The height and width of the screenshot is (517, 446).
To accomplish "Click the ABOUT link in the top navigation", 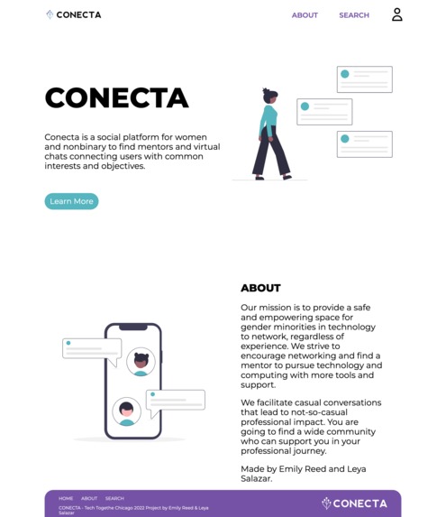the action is pos(305,15).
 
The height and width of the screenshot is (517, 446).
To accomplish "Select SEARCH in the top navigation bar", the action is pos(354,15).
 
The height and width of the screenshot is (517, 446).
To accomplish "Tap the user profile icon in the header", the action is pos(396,14).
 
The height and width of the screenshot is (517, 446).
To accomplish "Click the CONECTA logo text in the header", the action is pos(78,15).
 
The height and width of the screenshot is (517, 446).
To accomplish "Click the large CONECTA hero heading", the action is pos(116,98).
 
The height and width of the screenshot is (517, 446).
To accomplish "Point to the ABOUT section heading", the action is pos(260,288).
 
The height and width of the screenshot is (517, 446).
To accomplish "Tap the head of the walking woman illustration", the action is pos(269,96).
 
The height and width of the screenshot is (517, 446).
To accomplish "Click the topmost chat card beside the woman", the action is pos(364,79).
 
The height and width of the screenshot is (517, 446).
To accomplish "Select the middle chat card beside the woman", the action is pos(324,112).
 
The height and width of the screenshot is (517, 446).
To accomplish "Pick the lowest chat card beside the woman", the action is pos(364,144).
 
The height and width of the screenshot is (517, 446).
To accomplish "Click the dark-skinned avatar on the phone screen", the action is pos(141,362).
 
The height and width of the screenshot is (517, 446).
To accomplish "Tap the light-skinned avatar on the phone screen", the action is pos(126,411).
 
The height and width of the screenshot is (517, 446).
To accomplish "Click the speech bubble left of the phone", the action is pos(91,349).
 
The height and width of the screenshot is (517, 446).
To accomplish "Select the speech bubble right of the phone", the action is pos(176,401).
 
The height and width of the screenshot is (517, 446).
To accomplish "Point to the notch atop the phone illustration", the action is pos(132,327).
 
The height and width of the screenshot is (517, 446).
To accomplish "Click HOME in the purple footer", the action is pos(66,498).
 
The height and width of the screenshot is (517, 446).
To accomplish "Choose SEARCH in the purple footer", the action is pos(114,498).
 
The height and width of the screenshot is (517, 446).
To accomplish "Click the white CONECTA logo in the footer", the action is pos(355,503).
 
